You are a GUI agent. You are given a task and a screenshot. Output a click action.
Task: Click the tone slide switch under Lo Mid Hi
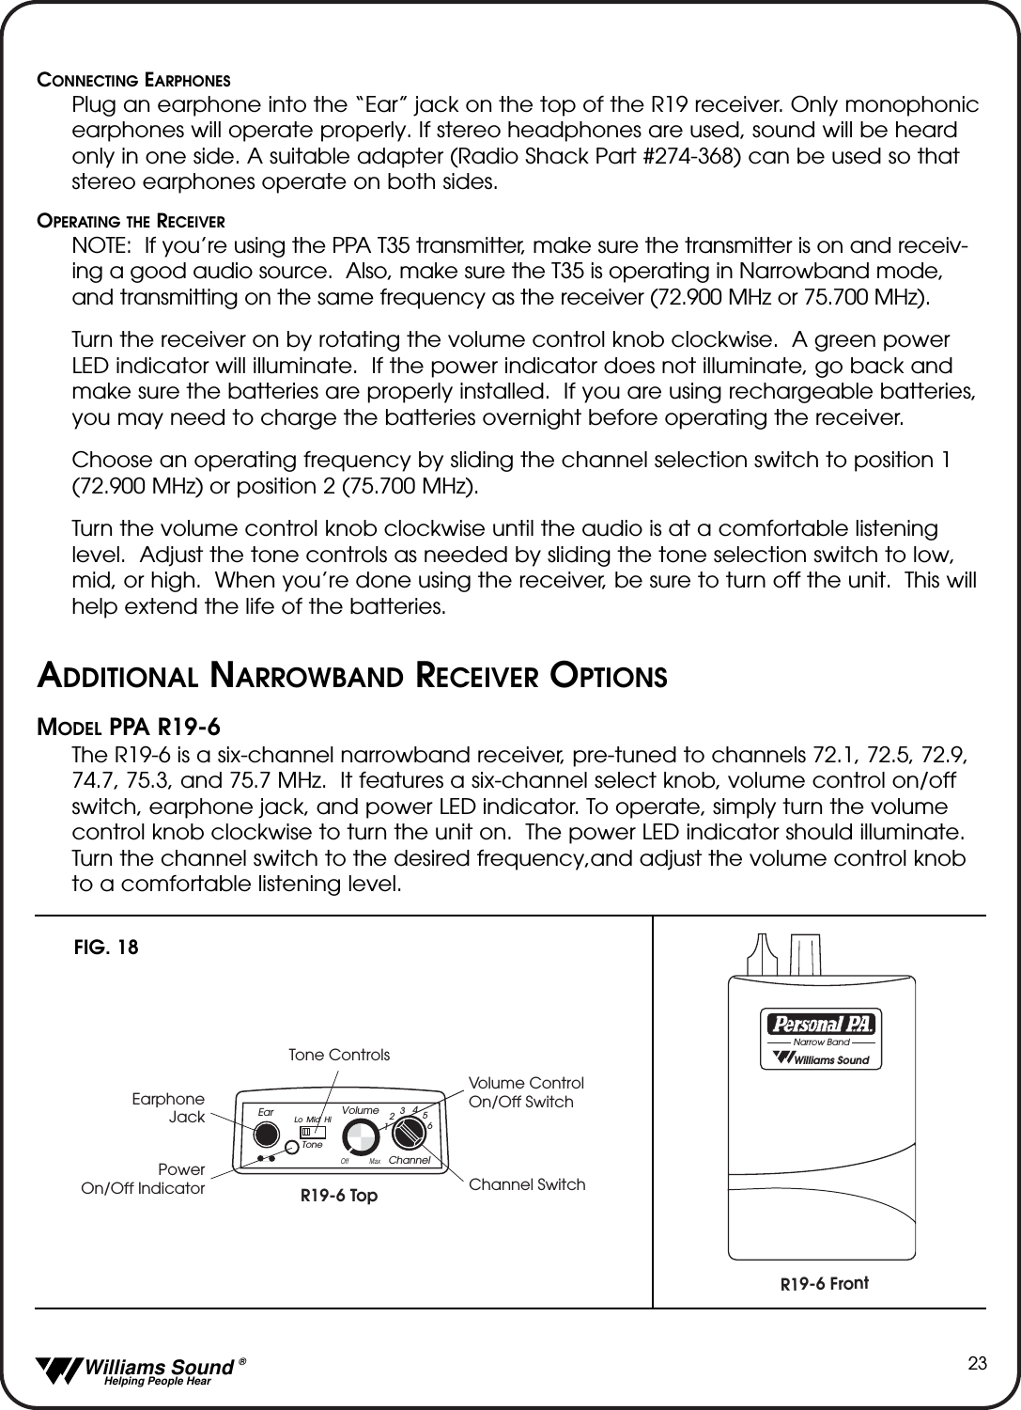(x=306, y=1131)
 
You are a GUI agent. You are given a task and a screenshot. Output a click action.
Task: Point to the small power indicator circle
(x=293, y=1149)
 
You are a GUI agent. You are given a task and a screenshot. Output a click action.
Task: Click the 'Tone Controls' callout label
(x=338, y=1055)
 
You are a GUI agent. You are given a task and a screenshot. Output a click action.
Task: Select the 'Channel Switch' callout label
(x=526, y=1184)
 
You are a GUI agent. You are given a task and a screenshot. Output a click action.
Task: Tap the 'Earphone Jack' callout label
(x=169, y=1107)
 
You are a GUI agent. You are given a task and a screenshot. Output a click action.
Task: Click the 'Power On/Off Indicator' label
(x=144, y=1179)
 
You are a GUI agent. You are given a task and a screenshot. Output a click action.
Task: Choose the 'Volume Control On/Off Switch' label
(x=526, y=1092)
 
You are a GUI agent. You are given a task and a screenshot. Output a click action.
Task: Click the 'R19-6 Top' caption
(x=339, y=1197)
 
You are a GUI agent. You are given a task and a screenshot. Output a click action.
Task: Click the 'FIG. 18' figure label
(x=106, y=948)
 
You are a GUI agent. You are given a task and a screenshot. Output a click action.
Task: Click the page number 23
(x=977, y=1364)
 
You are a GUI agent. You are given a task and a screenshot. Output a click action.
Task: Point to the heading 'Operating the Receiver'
(x=131, y=223)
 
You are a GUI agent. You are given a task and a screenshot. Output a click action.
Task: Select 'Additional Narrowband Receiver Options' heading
(x=352, y=676)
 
